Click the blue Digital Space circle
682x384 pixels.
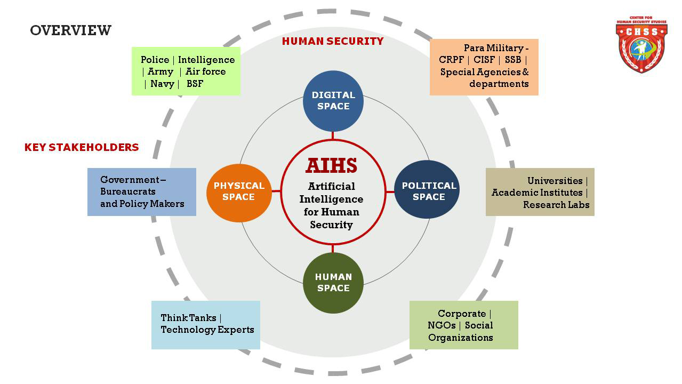tap(333, 101)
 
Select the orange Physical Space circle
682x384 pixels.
tap(239, 192)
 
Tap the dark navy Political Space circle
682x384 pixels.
tap(427, 191)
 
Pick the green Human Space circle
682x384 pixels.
tap(333, 283)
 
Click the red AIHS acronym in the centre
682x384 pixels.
tap(331, 166)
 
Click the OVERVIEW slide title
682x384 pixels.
tap(70, 30)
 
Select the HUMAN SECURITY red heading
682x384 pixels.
tap(333, 41)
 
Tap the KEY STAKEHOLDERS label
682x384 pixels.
tap(82, 147)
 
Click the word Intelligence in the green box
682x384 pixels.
tap(206, 60)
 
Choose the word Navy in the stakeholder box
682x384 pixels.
tap(162, 84)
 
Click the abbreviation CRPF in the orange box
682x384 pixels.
tap(451, 60)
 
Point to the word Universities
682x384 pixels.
tap(555, 181)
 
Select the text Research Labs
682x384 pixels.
tap(556, 205)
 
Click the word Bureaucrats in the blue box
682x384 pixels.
tap(128, 191)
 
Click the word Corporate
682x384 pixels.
tap(462, 314)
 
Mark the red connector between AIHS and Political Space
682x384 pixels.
tap(390, 191)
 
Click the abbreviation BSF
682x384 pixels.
tap(195, 84)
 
